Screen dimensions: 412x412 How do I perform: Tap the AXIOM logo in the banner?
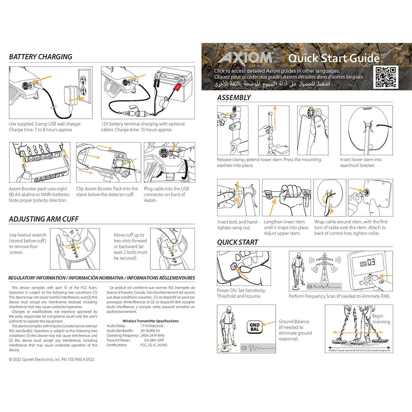tap(245, 57)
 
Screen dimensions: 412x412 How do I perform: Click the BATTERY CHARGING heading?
tap(40, 57)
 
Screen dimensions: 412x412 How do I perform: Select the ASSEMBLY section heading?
tap(234, 98)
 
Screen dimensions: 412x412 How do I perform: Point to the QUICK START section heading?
tap(238, 242)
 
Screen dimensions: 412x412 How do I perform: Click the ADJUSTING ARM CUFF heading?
tap(44, 219)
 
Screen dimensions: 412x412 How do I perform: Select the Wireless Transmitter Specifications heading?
tap(151, 321)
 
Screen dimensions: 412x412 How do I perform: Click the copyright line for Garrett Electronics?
tap(51, 359)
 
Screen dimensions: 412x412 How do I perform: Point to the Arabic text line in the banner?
tap(272, 83)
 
